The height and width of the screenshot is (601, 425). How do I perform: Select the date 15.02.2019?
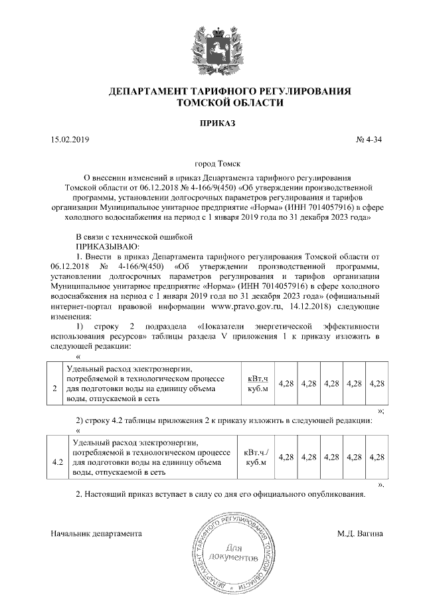70,139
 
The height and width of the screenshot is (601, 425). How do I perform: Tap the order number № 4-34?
370,139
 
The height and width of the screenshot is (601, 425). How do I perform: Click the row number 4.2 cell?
57,457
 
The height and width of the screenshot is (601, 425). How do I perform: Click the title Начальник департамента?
96,533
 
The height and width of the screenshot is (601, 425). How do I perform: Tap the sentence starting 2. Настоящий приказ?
220,495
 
